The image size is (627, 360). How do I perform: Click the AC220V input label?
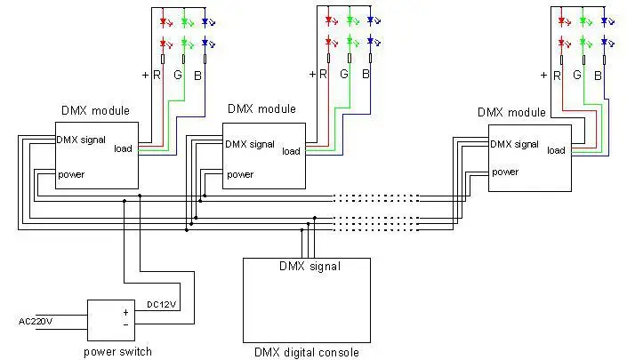pyautogui.click(x=36, y=321)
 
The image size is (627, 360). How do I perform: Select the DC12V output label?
pyautogui.click(x=162, y=305)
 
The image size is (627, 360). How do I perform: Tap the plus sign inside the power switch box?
pyautogui.click(x=125, y=313)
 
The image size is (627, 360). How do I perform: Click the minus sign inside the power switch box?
pyautogui.click(x=125, y=324)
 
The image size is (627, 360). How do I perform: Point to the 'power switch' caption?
pyautogui.click(x=117, y=352)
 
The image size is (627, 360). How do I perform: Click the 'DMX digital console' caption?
pyautogui.click(x=307, y=352)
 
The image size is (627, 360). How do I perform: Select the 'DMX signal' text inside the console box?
pyautogui.click(x=309, y=266)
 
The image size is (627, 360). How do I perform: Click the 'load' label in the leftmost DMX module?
pyautogui.click(x=123, y=148)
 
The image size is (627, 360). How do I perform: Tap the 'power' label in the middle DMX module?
pyautogui.click(x=240, y=174)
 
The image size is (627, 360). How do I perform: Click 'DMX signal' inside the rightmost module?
pyautogui.click(x=514, y=144)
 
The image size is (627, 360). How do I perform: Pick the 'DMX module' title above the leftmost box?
pyautogui.click(x=95, y=110)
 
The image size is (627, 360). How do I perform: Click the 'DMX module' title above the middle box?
pyautogui.click(x=261, y=108)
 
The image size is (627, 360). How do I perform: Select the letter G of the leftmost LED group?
pyautogui.click(x=178, y=75)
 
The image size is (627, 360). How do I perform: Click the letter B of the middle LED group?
pyautogui.click(x=366, y=74)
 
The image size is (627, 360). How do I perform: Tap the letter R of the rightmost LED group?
pyautogui.click(x=557, y=76)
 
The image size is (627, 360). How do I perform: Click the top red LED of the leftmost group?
pyautogui.click(x=163, y=22)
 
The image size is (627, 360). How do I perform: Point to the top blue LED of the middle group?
pyautogui.click(x=370, y=20)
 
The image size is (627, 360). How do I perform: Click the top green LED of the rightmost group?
pyautogui.click(x=583, y=20)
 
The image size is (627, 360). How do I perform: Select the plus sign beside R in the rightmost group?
pyautogui.click(x=543, y=76)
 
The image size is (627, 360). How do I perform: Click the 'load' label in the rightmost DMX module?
pyautogui.click(x=556, y=150)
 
